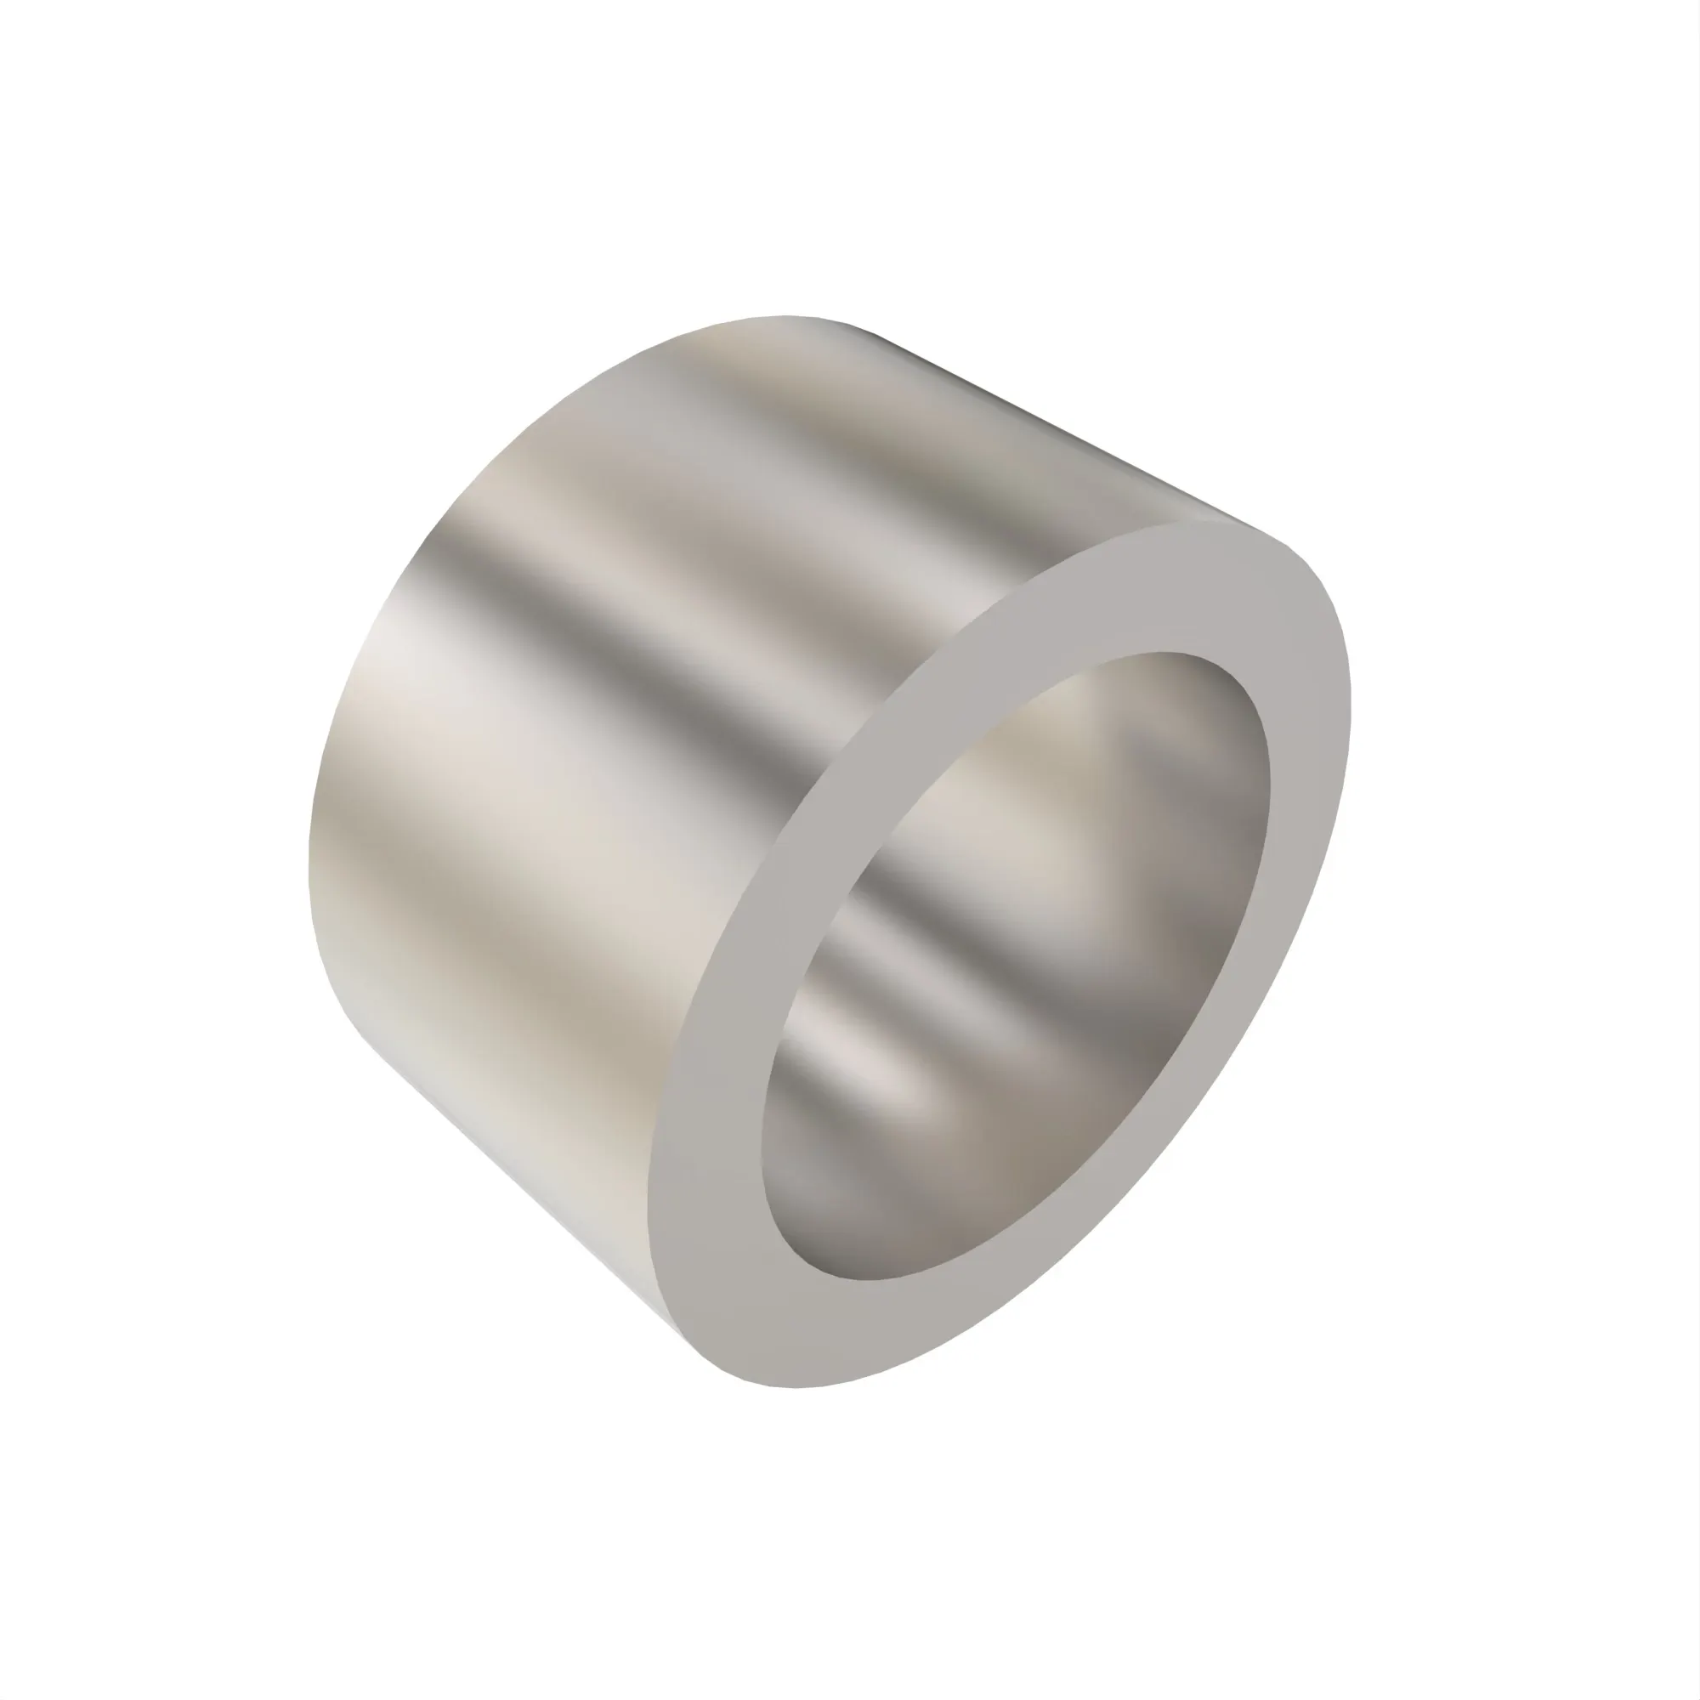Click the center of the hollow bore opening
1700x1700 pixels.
pyautogui.click(x=1011, y=968)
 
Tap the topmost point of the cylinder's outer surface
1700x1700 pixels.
pyautogui.click(x=783, y=317)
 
